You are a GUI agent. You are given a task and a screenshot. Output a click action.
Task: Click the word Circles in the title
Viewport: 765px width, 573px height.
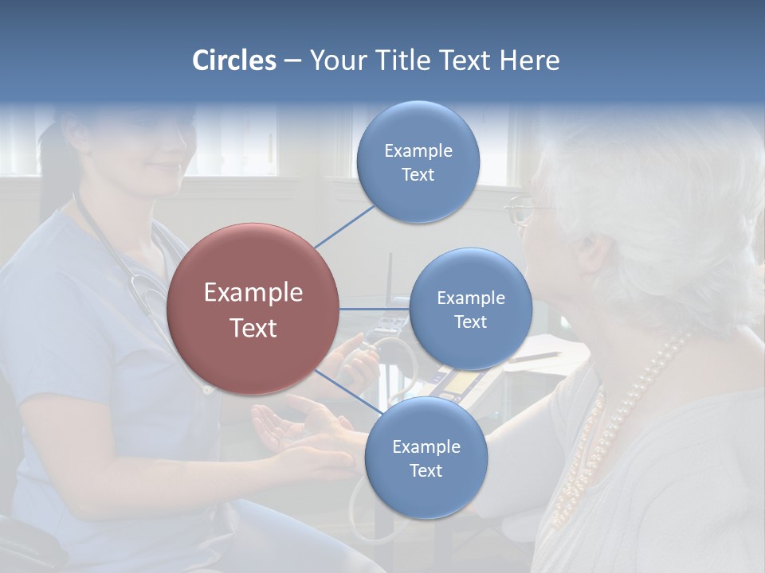coord(234,60)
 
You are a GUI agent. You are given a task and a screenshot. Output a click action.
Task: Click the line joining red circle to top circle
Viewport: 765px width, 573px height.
coord(344,226)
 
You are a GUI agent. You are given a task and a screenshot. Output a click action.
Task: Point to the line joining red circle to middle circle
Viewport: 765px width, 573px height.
coord(375,308)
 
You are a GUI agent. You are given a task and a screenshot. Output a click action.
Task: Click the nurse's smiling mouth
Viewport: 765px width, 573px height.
coord(164,165)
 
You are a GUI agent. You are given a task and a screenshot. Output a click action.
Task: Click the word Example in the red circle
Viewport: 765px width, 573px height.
coord(253,293)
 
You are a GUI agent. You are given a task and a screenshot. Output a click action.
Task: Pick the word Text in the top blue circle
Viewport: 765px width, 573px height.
coord(418,175)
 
